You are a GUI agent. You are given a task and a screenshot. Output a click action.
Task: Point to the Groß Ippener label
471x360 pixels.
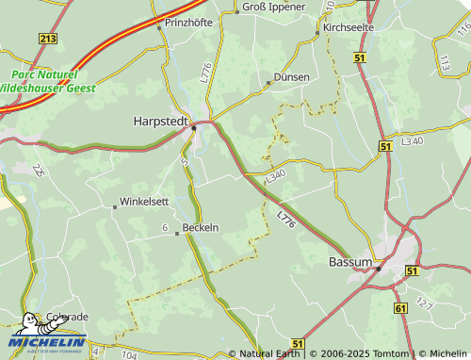click(x=274, y=7)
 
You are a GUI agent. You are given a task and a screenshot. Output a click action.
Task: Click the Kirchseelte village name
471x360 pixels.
click(x=348, y=27)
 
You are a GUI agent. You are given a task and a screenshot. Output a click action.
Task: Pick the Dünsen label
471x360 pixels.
click(x=291, y=76)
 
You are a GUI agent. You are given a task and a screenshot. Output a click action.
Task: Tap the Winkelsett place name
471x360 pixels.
click(x=143, y=202)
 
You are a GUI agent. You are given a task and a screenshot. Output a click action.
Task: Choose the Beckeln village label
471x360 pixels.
click(x=200, y=227)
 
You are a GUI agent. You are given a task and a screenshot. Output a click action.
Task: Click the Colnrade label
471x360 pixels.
click(x=68, y=318)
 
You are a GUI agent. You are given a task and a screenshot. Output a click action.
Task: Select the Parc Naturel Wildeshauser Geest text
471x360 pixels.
click(x=42, y=80)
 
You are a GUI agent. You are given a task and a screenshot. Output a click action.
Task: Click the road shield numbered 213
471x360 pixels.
click(x=48, y=38)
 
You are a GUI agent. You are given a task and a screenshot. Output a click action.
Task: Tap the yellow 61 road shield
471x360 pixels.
click(x=400, y=308)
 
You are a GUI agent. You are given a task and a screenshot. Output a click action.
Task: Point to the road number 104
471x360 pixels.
click(x=129, y=355)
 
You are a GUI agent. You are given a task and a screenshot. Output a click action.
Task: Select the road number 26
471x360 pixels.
click(x=39, y=170)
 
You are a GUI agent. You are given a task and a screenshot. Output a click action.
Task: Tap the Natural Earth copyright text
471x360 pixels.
click(x=268, y=354)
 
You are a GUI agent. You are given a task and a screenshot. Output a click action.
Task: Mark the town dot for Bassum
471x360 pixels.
click(x=378, y=268)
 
